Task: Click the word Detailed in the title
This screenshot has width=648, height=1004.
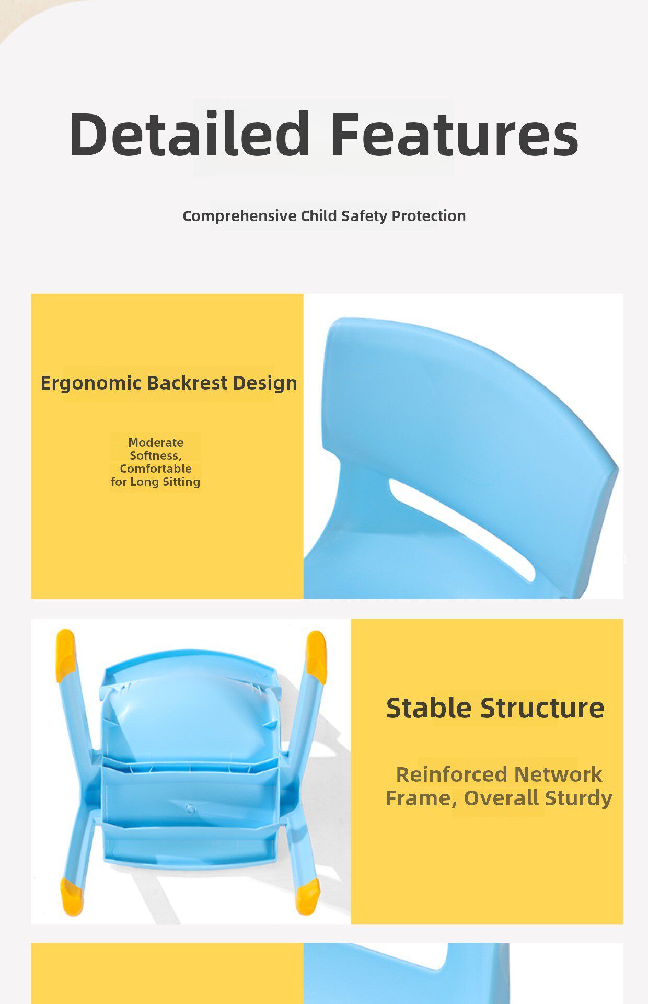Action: click(x=189, y=133)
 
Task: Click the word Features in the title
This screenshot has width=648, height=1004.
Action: click(x=455, y=133)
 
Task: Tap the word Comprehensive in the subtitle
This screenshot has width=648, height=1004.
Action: click(x=239, y=216)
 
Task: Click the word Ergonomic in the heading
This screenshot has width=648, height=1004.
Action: click(x=91, y=383)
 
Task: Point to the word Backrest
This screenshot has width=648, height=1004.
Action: click(x=187, y=383)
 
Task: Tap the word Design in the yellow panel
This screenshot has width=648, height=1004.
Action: click(x=265, y=383)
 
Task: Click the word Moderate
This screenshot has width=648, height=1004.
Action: click(x=156, y=442)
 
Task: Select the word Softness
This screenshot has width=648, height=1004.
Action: click(x=156, y=455)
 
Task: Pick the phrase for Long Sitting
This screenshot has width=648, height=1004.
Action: click(x=155, y=482)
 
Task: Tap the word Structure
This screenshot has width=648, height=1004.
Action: click(x=542, y=708)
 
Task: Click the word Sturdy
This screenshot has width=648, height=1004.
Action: click(x=578, y=798)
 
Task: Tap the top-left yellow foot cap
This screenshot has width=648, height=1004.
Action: click(x=66, y=655)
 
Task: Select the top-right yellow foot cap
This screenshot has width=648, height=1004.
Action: click(x=316, y=657)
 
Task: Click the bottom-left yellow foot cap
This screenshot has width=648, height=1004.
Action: click(x=72, y=896)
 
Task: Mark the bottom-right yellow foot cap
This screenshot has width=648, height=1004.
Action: click(x=308, y=896)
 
